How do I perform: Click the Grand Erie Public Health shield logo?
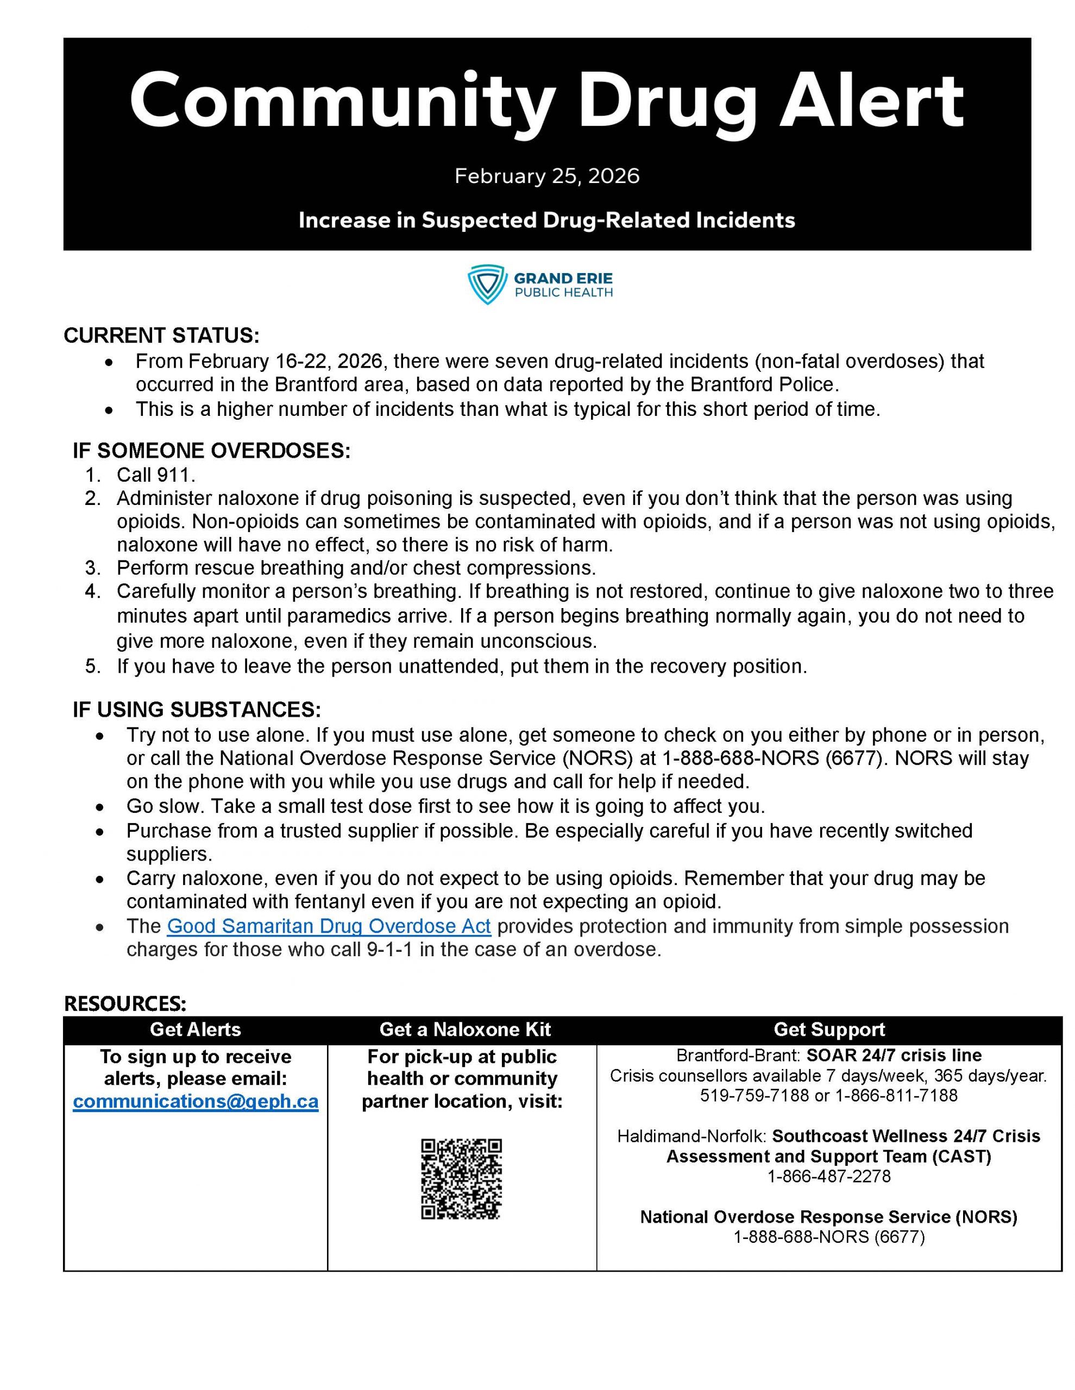coord(487,285)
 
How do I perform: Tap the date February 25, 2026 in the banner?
coord(546,176)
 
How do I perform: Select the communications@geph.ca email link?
coord(196,1102)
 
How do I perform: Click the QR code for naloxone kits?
coord(461,1179)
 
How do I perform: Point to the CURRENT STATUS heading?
coord(162,336)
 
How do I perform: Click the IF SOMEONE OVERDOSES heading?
coord(211,451)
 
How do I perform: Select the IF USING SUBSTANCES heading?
coord(197,709)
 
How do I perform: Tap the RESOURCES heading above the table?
coord(125,1003)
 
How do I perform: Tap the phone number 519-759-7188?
coord(755,1095)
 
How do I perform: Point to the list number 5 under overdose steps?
coord(93,666)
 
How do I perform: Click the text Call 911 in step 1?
coord(156,475)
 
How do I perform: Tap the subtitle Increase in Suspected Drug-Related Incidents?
coord(546,220)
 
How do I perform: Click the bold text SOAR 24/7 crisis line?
coord(894,1055)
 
